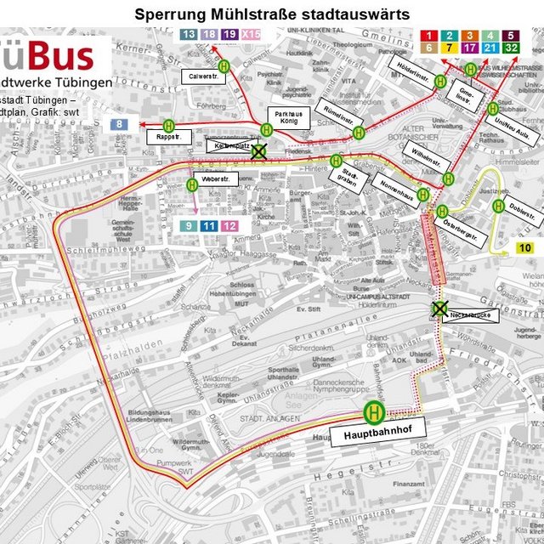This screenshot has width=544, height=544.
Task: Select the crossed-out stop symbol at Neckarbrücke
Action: pos(439,309)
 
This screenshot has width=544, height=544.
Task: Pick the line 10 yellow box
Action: pos(524,247)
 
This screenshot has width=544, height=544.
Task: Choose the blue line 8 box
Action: pos(120,124)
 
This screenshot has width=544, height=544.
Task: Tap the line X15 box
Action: pos(251,35)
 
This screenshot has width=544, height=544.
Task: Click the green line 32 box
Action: pos(511,48)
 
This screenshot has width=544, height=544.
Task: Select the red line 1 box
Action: pos(429,35)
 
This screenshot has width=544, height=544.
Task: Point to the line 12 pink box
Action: pos(229,225)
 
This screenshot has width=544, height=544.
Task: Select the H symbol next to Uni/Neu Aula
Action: pos(493,108)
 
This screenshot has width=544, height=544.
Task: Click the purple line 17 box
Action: pos(470,48)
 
